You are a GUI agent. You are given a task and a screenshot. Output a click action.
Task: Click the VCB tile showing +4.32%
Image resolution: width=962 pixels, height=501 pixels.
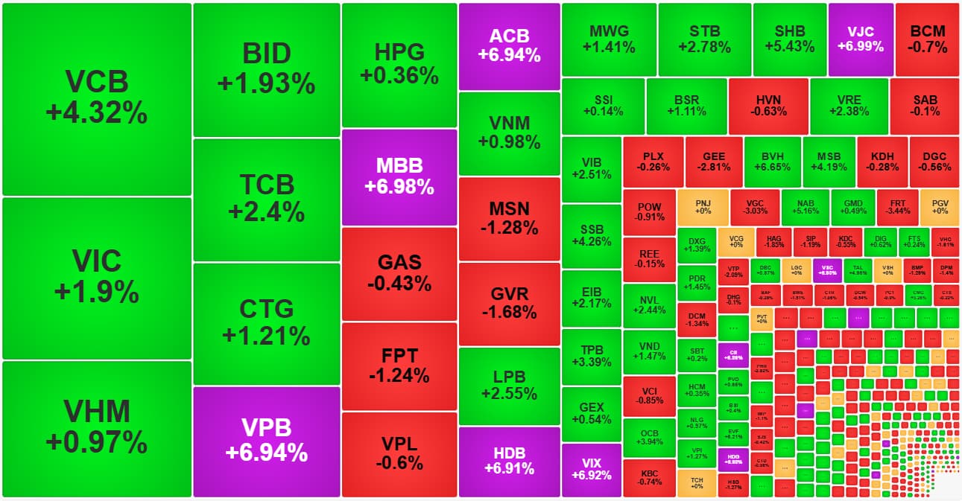pyautogui.click(x=97, y=98)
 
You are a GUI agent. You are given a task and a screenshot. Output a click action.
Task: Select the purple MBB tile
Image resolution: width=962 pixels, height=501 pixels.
pyautogui.click(x=399, y=177)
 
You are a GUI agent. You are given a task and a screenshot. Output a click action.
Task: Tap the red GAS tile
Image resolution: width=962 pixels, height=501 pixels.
pyautogui.click(x=399, y=273)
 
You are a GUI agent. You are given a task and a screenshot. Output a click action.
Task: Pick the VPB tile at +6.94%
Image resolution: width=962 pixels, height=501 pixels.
pyautogui.click(x=267, y=440)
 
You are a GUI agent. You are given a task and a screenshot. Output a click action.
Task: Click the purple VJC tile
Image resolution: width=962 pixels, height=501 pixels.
pyautogui.click(x=860, y=39)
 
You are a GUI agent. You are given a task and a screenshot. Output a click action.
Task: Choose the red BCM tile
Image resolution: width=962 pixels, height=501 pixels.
pyautogui.click(x=928, y=39)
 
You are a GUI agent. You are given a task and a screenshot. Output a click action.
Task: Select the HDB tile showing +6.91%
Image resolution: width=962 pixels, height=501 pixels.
pyautogui.click(x=509, y=461)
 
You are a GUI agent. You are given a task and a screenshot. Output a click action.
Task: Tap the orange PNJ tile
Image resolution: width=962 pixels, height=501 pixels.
pyautogui.click(x=703, y=206)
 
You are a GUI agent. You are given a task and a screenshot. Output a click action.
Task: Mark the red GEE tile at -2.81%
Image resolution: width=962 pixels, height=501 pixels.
pyautogui.click(x=714, y=162)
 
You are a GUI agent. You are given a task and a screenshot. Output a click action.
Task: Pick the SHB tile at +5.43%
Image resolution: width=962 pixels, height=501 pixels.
pyautogui.click(x=790, y=39)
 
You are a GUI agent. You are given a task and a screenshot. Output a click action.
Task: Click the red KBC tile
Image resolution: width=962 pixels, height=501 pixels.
pyautogui.click(x=650, y=477)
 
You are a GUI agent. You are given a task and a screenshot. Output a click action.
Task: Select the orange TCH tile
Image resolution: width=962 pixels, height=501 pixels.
pyautogui.click(x=697, y=482)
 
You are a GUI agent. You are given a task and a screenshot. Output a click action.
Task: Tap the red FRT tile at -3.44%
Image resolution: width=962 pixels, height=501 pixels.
pyautogui.click(x=898, y=206)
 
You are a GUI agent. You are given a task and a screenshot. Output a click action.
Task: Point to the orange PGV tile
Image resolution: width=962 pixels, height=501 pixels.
pyautogui.click(x=940, y=206)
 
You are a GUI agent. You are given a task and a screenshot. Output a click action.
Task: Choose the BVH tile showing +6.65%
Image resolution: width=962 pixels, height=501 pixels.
pyautogui.click(x=772, y=162)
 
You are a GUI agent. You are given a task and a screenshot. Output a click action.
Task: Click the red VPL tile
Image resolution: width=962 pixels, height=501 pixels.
pyautogui.click(x=399, y=453)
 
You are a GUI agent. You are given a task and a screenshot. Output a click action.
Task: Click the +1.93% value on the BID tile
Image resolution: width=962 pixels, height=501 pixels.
pyautogui.click(x=267, y=84)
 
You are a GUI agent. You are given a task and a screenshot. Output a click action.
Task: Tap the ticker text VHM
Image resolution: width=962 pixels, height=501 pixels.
pyautogui.click(x=97, y=412)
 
